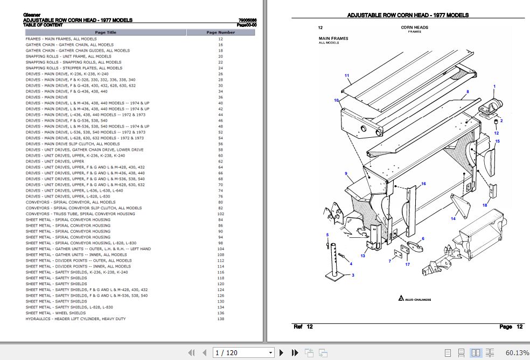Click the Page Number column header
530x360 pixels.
[220, 32]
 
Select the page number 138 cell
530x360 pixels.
[220, 319]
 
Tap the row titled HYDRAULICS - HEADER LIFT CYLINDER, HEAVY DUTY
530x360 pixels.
[75, 319]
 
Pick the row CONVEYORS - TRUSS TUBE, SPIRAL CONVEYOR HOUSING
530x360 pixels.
[80, 214]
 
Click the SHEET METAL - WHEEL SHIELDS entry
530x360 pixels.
[55, 313]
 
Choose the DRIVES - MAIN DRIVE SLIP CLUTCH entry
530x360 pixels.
[73, 144]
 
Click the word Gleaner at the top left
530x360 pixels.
[32, 15]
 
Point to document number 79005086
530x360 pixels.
[247, 20]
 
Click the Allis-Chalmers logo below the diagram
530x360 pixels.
[415, 299]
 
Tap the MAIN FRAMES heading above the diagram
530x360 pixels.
[333, 39]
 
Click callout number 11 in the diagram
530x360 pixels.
[347, 75]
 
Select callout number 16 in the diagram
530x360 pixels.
[423, 184]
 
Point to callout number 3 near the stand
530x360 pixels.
[353, 275]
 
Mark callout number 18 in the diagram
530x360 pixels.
[485, 205]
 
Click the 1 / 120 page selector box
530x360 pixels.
[243, 353]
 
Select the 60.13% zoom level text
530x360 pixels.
[517, 353]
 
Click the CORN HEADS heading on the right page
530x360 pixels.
[414, 27]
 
